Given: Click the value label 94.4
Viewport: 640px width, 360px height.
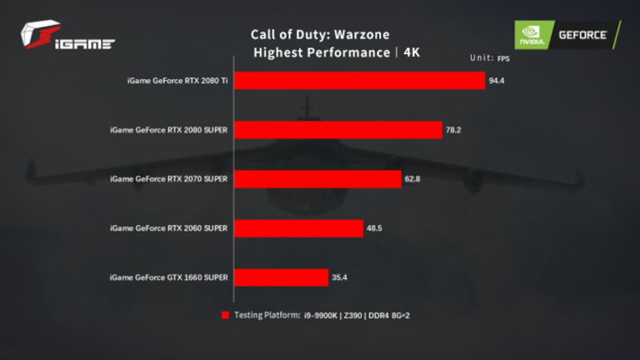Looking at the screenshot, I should tap(497, 81).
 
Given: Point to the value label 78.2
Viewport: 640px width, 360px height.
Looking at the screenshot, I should tap(454, 130).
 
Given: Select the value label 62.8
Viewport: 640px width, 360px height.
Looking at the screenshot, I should tap(414, 179).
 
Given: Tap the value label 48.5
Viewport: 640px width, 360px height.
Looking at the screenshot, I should tap(376, 228).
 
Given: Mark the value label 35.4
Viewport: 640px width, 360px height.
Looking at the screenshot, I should tap(340, 277).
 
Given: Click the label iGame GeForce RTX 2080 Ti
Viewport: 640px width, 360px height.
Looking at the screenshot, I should tap(178, 81).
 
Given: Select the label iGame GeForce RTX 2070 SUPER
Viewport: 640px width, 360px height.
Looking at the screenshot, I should tap(169, 179).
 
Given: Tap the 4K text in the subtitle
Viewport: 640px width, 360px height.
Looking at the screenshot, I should tap(412, 52).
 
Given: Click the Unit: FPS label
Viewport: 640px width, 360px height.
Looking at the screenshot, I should tap(489, 58).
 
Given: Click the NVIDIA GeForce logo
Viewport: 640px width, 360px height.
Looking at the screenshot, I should tap(567, 35).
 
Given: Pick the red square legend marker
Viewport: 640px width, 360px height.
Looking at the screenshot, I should tap(224, 315).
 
